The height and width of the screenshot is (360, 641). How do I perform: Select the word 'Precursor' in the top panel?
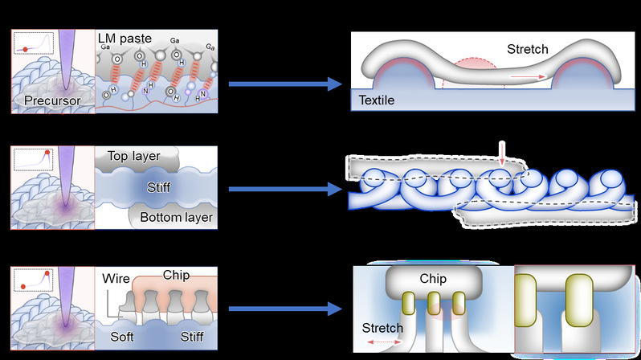(51, 100)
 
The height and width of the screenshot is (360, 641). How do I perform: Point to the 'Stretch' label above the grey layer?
(528, 49)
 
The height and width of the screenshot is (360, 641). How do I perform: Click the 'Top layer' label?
(133, 155)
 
